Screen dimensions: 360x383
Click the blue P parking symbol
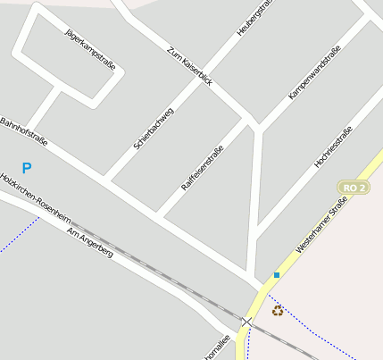(27, 167)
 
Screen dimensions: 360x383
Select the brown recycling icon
(278, 311)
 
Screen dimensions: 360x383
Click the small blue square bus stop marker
(277, 275)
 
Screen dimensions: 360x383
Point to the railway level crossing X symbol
(246, 321)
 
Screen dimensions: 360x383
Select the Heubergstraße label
(253, 19)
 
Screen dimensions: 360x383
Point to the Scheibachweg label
(154, 127)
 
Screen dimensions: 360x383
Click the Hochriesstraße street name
(333, 147)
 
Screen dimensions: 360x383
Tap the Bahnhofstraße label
(22, 132)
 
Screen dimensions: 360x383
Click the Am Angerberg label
(90, 241)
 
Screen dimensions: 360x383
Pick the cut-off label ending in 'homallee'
(217, 347)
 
